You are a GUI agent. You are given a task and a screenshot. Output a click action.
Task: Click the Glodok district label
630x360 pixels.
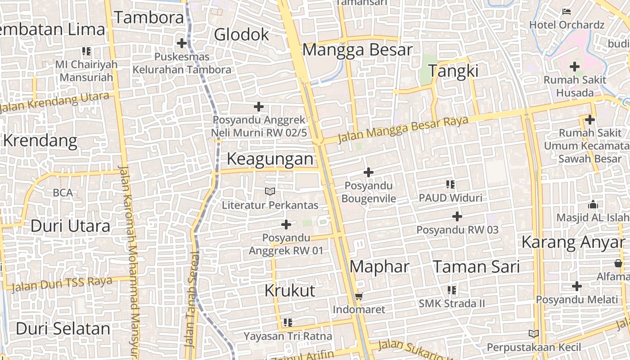pyautogui.click(x=241, y=35)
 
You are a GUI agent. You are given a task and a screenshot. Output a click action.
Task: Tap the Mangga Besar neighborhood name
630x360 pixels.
pyautogui.click(x=357, y=50)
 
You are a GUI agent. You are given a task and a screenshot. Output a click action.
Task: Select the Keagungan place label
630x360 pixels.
pyautogui.click(x=270, y=159)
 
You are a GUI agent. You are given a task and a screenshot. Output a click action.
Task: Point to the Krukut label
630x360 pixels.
pyautogui.click(x=290, y=291)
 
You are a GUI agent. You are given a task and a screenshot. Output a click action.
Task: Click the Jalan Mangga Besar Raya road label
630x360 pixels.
pyautogui.click(x=403, y=128)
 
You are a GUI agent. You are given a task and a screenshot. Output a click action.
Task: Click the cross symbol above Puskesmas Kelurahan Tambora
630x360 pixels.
pyautogui.click(x=182, y=43)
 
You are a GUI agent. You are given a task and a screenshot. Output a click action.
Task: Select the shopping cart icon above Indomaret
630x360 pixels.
pyautogui.click(x=359, y=296)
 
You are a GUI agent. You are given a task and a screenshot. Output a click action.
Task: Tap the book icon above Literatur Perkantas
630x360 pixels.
pyautogui.click(x=270, y=192)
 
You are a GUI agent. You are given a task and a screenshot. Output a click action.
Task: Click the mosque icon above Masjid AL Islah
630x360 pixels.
pyautogui.click(x=593, y=204)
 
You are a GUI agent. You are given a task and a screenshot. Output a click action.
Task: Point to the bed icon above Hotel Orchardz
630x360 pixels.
pyautogui.click(x=567, y=11)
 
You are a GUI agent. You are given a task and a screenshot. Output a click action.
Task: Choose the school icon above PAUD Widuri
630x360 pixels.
pyautogui.click(x=450, y=184)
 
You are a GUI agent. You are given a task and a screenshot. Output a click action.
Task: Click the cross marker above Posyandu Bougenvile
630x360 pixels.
pyautogui.click(x=369, y=172)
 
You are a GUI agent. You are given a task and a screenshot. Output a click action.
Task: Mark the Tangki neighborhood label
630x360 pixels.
pyautogui.click(x=453, y=71)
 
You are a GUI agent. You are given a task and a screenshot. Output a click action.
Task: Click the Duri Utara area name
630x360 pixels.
pyautogui.click(x=70, y=226)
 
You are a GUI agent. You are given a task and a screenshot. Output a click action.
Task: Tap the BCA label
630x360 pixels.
pyautogui.click(x=63, y=193)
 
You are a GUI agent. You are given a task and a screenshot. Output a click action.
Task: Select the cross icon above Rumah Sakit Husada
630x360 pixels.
pyautogui.click(x=575, y=67)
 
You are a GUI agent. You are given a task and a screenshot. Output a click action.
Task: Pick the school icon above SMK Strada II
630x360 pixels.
pyautogui.click(x=452, y=290)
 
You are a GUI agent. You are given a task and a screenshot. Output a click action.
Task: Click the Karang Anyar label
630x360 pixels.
pyautogui.click(x=573, y=243)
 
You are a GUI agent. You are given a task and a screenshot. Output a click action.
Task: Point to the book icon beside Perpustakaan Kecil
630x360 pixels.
pyautogui.click(x=534, y=334)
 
